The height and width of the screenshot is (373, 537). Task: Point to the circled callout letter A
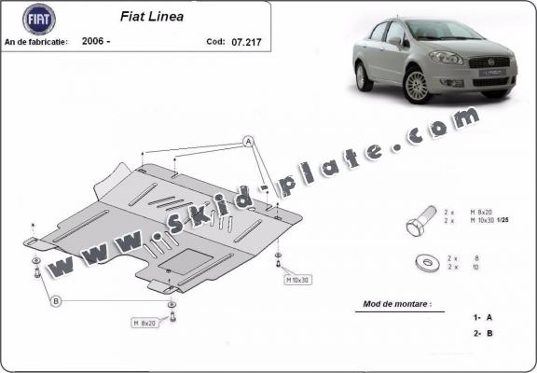click(249, 141)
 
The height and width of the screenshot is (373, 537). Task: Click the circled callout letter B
click(56, 300)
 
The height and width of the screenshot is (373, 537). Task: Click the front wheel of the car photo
click(417, 86)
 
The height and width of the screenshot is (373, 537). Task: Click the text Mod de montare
click(402, 304)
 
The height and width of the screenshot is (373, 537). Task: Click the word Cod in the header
click(214, 42)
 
